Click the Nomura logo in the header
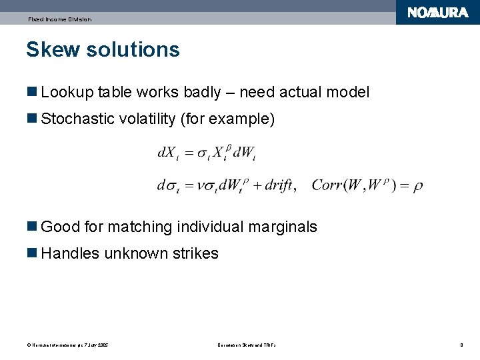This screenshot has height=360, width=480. pos(437,13)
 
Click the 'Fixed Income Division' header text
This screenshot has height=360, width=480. pos(60,19)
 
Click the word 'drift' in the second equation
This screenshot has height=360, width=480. pos(279,185)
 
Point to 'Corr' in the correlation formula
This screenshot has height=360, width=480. pos(327,185)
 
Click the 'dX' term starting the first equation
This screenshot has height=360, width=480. pos(167,153)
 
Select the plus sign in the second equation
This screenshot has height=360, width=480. pos(257,185)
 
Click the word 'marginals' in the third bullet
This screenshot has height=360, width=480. pos(283,227)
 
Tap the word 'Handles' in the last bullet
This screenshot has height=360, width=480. pos(70,253)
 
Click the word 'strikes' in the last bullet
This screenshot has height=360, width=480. pos(195,253)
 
